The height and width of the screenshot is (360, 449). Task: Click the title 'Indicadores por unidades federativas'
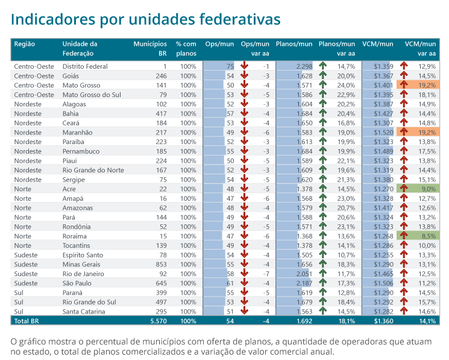(145, 19)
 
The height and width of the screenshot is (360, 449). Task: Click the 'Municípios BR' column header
(150, 48)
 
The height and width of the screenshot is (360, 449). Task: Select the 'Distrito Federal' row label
(85, 66)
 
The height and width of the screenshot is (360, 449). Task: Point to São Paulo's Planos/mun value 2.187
(304, 283)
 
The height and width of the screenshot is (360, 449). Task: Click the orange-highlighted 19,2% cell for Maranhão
(426, 132)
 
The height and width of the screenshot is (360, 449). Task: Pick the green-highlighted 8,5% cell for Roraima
(426, 236)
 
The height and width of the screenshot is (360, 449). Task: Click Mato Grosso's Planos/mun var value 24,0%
(346, 86)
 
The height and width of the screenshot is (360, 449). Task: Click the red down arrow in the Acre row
(244, 189)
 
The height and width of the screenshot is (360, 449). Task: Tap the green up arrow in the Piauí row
(323, 160)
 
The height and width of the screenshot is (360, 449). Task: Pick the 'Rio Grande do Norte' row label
(93, 170)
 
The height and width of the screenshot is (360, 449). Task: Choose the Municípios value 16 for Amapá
(163, 198)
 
